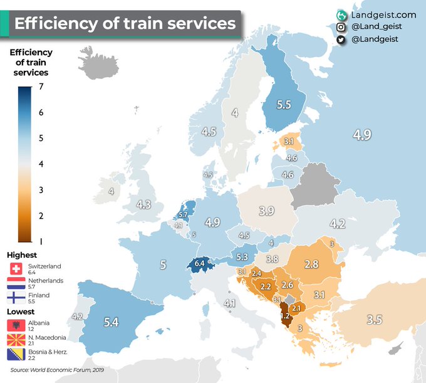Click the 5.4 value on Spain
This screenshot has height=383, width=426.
(111, 322)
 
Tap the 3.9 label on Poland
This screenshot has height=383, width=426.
(267, 211)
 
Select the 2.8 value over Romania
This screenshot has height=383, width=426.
(312, 265)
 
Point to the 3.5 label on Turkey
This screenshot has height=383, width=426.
(375, 320)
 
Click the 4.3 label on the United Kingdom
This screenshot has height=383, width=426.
(143, 204)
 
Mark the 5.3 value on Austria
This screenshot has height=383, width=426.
(242, 256)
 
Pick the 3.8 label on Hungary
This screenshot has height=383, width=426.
(272, 259)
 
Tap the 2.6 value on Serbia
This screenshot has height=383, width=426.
(288, 285)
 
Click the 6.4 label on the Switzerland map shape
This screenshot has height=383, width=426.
(200, 264)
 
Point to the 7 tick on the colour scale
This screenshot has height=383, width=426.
(41, 87)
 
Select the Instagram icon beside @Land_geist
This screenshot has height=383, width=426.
(341, 27)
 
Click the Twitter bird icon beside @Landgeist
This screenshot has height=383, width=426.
(341, 39)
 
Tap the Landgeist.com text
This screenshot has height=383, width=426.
(384, 14)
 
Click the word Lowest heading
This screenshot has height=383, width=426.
(22, 312)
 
